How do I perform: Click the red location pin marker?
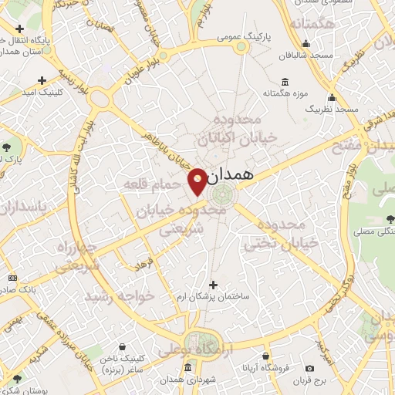197,180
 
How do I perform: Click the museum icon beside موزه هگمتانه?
285,83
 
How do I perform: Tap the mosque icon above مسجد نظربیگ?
333,98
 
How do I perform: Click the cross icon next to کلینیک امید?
42,79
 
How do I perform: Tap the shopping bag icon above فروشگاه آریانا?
266,357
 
